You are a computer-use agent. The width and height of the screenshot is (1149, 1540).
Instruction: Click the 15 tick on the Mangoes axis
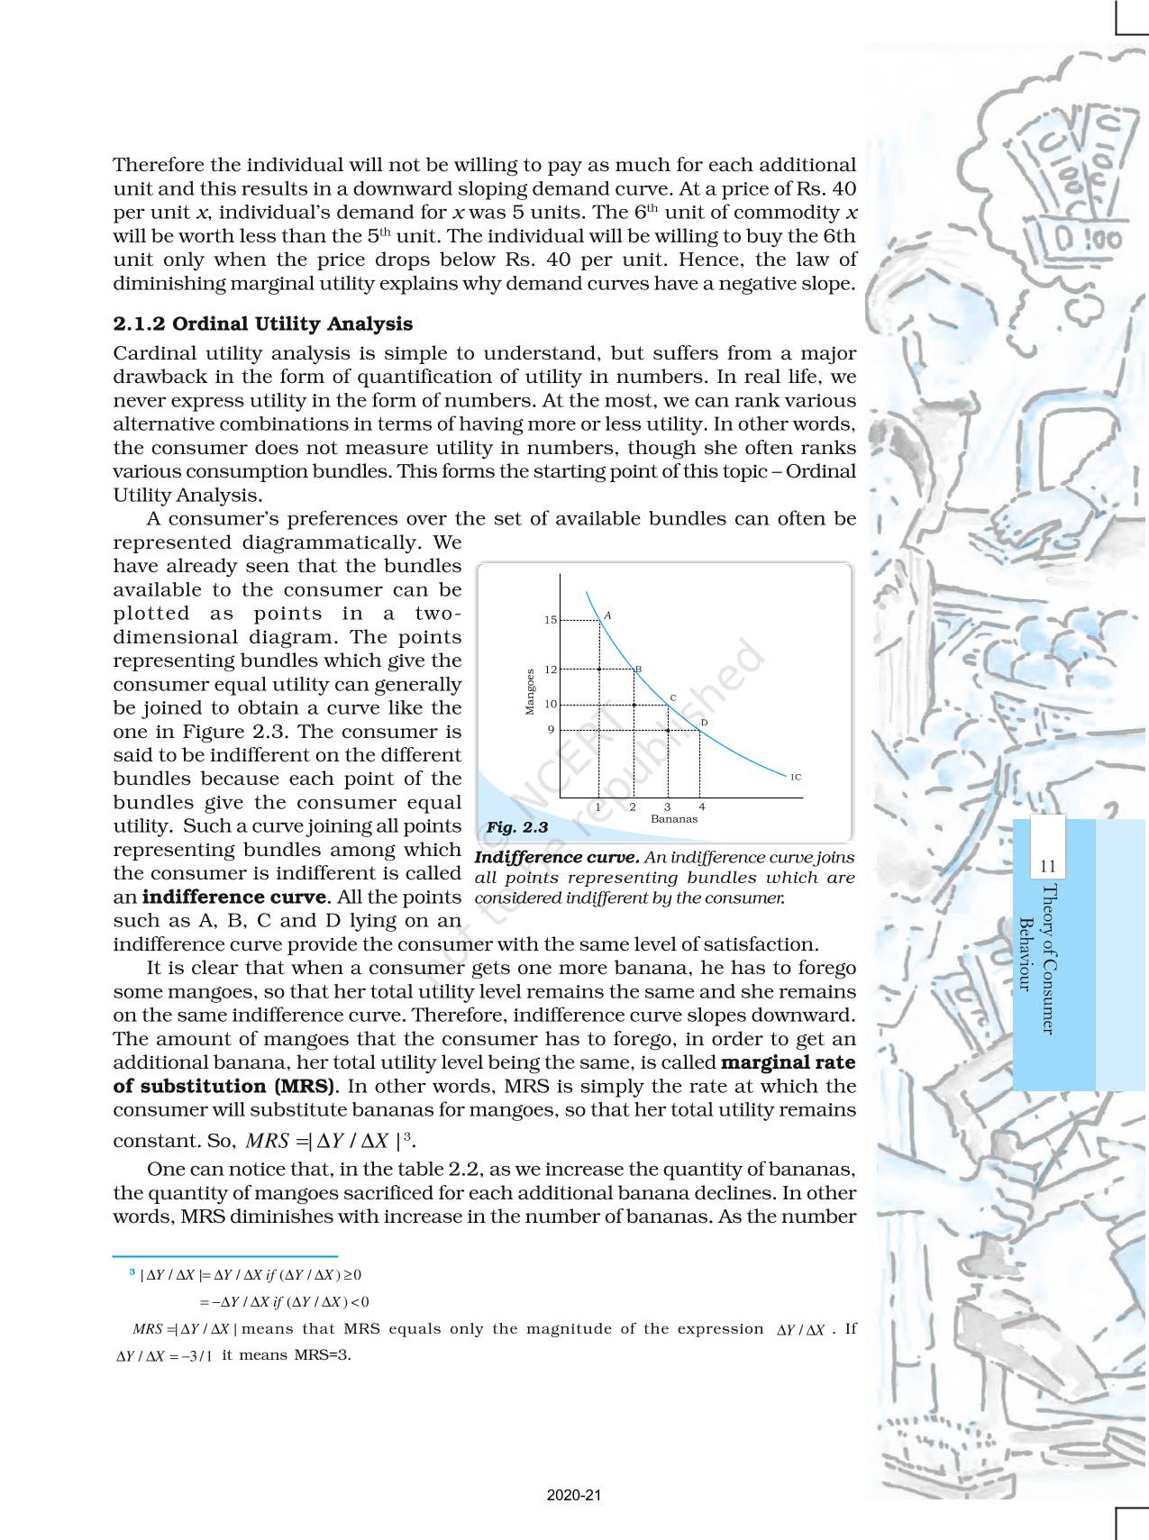pyautogui.click(x=551, y=620)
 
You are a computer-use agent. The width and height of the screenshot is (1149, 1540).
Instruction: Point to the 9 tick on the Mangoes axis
pyautogui.click(x=551, y=730)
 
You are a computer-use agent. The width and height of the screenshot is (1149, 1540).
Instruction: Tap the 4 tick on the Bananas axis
pyautogui.click(x=702, y=807)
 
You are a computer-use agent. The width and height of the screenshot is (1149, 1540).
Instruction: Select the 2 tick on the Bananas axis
pyautogui.click(x=633, y=807)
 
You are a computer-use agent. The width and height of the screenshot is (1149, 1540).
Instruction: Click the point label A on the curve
pyautogui.click(x=607, y=615)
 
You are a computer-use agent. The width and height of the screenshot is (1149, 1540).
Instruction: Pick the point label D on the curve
pyautogui.click(x=704, y=723)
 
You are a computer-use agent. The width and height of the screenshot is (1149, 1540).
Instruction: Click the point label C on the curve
pyautogui.click(x=672, y=698)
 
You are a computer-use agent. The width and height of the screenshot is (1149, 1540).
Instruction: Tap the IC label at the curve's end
pyautogui.click(x=796, y=777)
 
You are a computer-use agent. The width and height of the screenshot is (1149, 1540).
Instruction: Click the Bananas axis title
pyautogui.click(x=674, y=819)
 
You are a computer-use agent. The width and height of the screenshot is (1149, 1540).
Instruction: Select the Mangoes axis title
pyautogui.click(x=531, y=691)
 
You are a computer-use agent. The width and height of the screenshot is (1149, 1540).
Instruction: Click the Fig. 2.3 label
pyautogui.click(x=516, y=826)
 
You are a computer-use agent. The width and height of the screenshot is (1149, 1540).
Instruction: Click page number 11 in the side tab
pyautogui.click(x=1047, y=867)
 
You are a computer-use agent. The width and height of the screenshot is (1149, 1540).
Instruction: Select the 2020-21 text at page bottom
pyautogui.click(x=574, y=1495)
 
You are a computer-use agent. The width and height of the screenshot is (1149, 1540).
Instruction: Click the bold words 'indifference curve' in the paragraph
pyautogui.click(x=233, y=898)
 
